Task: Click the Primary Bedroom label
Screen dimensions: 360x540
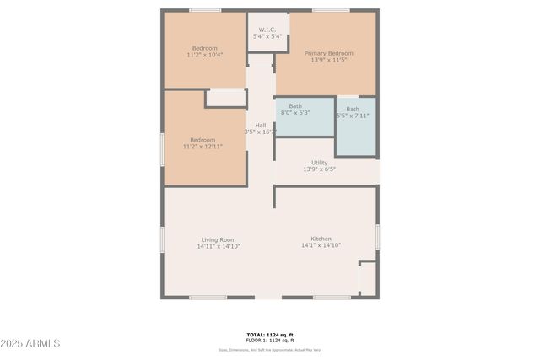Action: click(x=329, y=53)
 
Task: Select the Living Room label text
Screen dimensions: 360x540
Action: click(x=218, y=239)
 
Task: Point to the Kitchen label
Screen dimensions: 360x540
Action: click(x=321, y=239)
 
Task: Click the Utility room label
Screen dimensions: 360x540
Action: click(x=319, y=163)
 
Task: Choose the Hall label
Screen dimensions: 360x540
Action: click(x=261, y=126)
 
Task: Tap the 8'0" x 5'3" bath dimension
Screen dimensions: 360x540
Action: click(x=294, y=112)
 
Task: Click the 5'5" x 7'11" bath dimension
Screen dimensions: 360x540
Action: click(x=353, y=116)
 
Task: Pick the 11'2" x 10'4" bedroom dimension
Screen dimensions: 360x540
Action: click(x=204, y=55)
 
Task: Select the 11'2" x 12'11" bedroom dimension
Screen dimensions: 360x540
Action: click(x=202, y=147)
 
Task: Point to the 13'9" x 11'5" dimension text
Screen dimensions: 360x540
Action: click(x=329, y=61)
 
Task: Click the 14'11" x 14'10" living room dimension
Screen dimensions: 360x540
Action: click(x=219, y=246)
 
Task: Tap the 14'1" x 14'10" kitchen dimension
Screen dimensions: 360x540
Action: click(x=321, y=245)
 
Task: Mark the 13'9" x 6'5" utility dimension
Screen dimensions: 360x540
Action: click(x=319, y=169)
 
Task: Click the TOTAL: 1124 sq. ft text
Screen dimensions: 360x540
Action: click(x=270, y=334)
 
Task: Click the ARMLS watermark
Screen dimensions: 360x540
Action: click(x=30, y=343)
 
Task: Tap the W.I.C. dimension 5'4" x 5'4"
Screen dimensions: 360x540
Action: click(x=268, y=35)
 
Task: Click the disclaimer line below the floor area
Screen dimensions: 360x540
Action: click(x=270, y=350)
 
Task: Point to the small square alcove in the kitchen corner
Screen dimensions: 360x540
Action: click(x=367, y=278)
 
